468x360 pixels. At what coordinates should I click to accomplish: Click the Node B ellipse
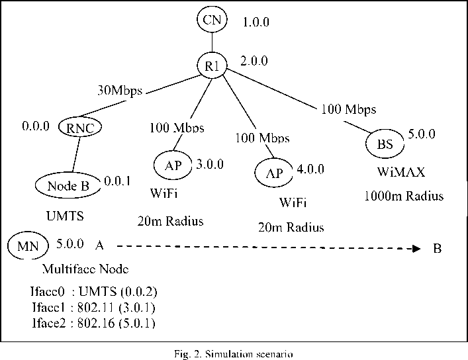(69, 186)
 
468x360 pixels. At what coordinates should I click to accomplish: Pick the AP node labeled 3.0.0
(173, 166)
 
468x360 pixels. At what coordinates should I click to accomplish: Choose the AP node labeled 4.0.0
(274, 173)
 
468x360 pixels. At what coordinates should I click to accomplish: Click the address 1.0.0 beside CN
(256, 22)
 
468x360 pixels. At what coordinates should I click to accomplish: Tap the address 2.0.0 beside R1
(254, 62)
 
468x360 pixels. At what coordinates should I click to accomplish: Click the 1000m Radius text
(404, 197)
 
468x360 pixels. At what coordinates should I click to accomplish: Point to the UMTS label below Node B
(66, 216)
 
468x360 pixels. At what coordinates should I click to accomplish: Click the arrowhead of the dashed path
(415, 249)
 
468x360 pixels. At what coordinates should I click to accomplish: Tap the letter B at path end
(437, 249)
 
